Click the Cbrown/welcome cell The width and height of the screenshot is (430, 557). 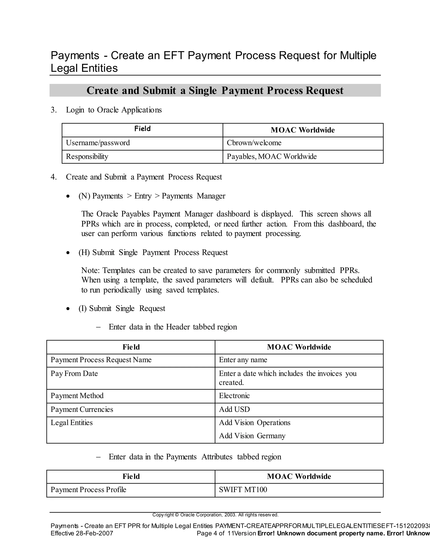pos(254,143)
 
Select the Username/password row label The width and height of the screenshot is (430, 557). pos(98,143)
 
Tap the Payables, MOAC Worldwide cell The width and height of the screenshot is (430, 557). pos(271,157)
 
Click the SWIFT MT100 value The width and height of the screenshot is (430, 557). pos(243,490)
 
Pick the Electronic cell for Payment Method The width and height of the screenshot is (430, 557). pos(234,396)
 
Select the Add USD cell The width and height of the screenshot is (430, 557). pos(234,409)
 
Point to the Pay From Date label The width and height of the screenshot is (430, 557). pos(74,374)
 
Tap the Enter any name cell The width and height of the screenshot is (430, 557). pos(243,360)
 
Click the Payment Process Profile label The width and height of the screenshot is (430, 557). pos(88,490)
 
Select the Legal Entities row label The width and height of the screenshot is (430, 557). pos(72,423)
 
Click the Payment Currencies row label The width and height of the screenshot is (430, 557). pos(82,409)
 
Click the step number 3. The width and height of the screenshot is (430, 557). pos(53,110)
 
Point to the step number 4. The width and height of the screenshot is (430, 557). pos(53,177)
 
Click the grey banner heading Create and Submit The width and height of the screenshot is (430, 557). pos(215,91)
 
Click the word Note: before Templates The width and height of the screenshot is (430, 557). pos(90,270)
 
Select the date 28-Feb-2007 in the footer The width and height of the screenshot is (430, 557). pos(94,533)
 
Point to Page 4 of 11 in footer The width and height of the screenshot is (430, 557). pos(210,533)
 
